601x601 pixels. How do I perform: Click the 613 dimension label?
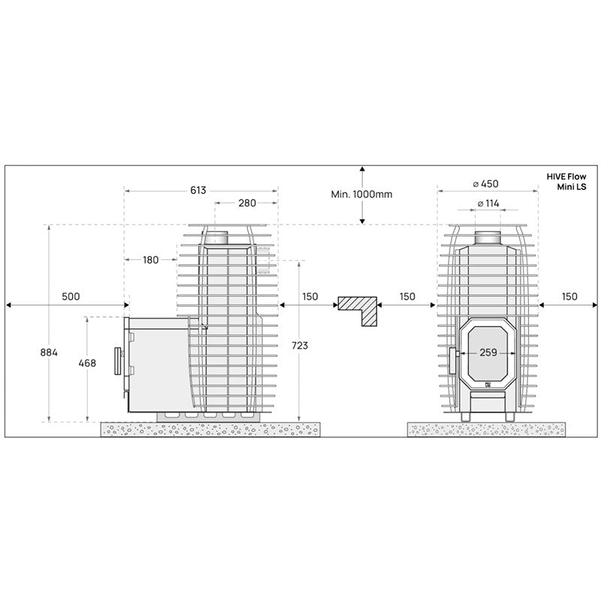198,190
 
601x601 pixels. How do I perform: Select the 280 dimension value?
247,203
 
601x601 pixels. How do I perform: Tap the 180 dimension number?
151,260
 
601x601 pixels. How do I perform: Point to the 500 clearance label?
71,296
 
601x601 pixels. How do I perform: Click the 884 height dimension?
49,352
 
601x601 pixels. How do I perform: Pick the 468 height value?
87,363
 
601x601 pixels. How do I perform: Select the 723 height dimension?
299,346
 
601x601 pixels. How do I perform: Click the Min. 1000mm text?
361,194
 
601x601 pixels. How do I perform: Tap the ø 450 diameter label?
485,183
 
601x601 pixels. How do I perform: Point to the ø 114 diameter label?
488,203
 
